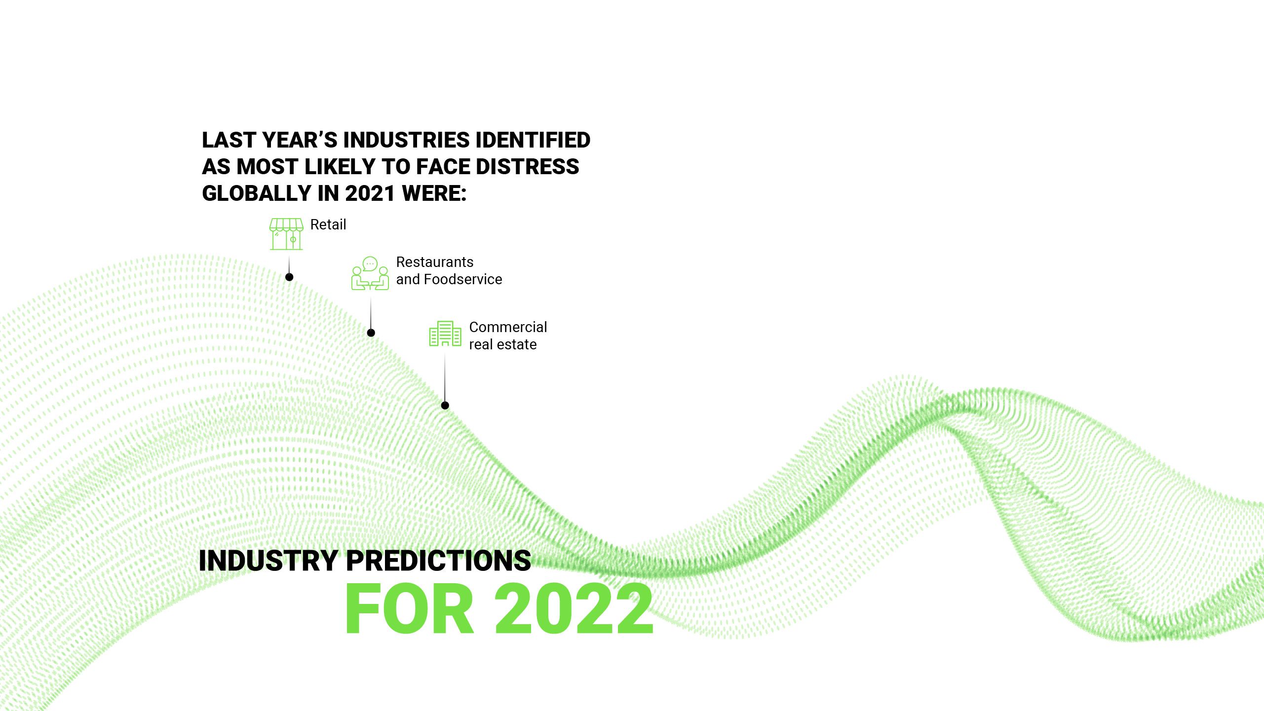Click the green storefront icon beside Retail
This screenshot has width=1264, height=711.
286,234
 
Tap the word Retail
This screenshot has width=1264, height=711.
328,225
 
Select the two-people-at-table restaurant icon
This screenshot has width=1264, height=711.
370,274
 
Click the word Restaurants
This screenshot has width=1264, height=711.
434,262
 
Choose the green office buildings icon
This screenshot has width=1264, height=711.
445,334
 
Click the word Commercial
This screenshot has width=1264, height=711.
508,327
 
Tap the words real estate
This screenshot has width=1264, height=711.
502,344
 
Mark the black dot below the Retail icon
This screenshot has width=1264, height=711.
289,277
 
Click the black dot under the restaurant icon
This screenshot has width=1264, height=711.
371,333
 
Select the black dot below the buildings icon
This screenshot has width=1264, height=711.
445,406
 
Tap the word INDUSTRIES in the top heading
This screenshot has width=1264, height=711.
406,140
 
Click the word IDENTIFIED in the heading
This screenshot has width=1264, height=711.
533,140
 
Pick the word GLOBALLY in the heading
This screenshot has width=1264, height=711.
257,193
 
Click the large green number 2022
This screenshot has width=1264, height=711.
574,609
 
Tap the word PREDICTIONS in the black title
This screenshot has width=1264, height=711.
438,561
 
